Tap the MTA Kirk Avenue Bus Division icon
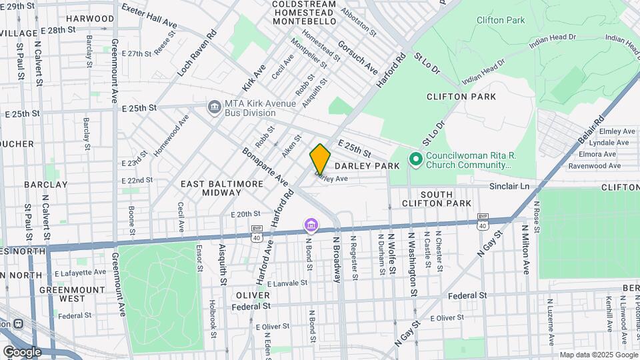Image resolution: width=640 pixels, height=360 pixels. pos(214,107)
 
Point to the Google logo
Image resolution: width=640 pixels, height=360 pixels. pos(22,351)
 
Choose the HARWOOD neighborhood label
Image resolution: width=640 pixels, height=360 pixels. pos(90,19)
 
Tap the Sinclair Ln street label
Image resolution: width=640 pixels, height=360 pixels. pos(509,187)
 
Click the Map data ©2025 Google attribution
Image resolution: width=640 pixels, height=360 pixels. pos(597,355)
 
